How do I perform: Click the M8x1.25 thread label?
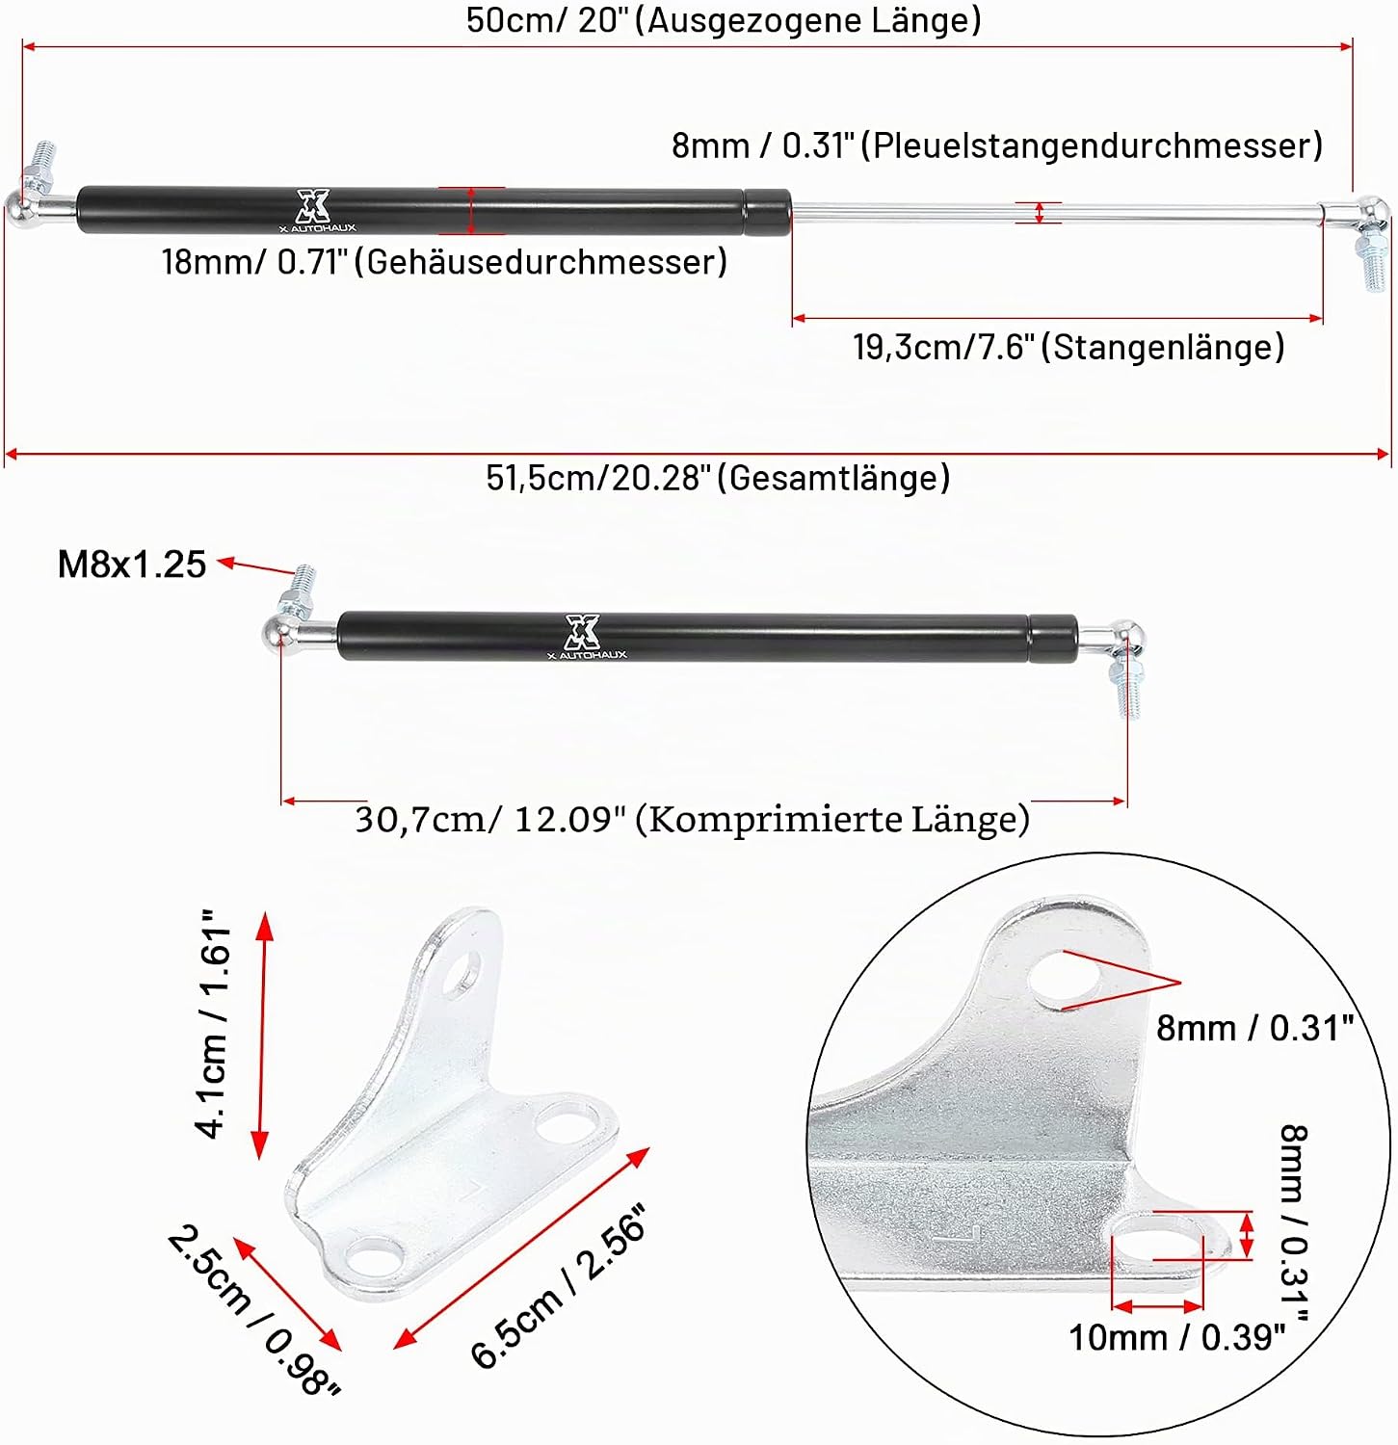point(132,564)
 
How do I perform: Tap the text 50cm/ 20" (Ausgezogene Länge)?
point(724,19)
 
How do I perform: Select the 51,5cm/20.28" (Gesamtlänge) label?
point(718,477)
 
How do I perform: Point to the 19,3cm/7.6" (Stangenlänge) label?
point(1068,347)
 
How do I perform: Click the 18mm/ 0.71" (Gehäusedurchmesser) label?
point(444,261)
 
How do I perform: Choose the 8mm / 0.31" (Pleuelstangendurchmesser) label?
point(997,145)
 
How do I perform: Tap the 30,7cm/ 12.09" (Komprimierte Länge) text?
point(693,819)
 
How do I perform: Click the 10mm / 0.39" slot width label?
point(1177,1337)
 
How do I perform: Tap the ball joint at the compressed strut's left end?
point(279,635)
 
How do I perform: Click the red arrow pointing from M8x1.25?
point(254,568)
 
